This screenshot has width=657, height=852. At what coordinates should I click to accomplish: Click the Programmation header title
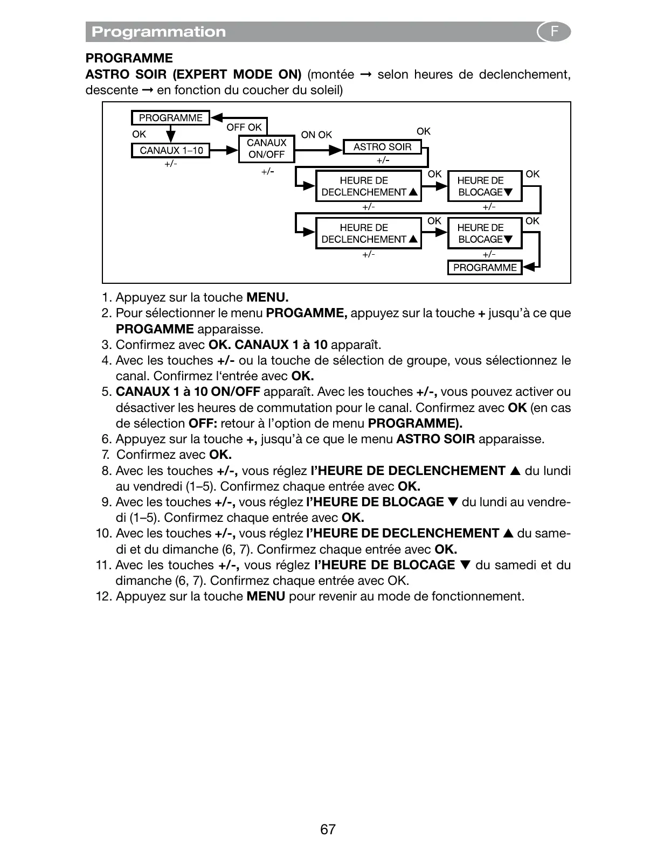click(158, 32)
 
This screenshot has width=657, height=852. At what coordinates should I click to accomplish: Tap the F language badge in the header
click(554, 32)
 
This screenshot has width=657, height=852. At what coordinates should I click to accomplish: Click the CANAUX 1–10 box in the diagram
click(171, 150)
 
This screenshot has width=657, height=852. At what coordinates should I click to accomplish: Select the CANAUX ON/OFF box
click(266, 149)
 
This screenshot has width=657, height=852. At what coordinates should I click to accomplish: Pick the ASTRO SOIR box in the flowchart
click(382, 147)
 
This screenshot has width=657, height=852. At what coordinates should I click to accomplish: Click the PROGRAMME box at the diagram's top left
click(170, 118)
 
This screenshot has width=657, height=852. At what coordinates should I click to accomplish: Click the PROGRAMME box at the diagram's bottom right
click(485, 268)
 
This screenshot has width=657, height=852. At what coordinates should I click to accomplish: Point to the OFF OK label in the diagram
click(244, 127)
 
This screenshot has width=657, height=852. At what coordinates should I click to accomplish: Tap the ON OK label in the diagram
click(316, 135)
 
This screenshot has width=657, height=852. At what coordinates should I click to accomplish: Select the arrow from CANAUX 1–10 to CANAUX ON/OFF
click(224, 150)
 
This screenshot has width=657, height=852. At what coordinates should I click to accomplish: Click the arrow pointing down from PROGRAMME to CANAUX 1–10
click(171, 134)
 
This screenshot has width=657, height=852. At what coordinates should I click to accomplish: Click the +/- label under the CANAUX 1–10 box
click(171, 164)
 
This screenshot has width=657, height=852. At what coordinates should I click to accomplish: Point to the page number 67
click(328, 829)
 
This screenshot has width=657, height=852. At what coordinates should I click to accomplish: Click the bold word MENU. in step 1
click(267, 297)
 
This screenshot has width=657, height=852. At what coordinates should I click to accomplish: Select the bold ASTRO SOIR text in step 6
click(435, 439)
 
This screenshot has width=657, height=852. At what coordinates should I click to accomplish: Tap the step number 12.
click(104, 596)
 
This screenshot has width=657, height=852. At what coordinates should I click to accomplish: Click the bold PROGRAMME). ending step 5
click(415, 423)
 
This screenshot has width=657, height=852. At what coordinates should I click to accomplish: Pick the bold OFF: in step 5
click(203, 423)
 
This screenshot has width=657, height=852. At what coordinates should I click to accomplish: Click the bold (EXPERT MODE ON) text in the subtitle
click(233, 74)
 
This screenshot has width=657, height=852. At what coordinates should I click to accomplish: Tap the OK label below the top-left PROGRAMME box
click(139, 134)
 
